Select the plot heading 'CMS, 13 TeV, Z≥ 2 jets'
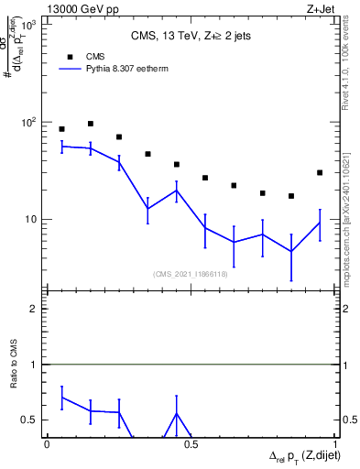click(191, 37)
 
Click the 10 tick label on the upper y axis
click(32, 220)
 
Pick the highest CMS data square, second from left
click(91, 124)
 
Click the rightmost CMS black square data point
click(320, 172)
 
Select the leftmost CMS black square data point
click(61, 129)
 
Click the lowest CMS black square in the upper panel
click(291, 196)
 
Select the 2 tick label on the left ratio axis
click(35, 309)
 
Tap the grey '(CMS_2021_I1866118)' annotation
click(191, 273)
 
